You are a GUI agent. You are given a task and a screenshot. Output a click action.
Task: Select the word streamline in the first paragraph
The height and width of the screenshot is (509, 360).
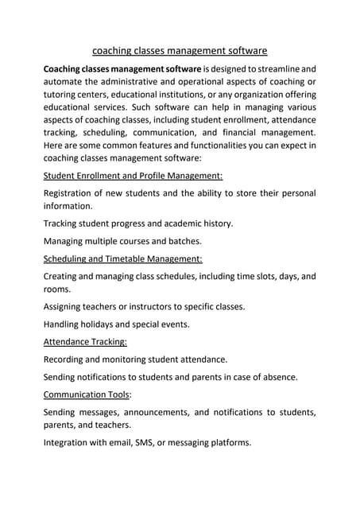[x=273, y=69]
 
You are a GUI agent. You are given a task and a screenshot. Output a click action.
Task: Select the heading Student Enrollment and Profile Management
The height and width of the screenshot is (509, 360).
[x=133, y=175]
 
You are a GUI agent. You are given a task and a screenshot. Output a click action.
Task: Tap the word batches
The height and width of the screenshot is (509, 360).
[x=181, y=241]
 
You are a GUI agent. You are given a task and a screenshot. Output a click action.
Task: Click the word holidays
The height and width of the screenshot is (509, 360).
[x=103, y=324]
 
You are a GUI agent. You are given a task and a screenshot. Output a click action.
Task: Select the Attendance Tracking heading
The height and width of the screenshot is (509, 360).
[x=85, y=342]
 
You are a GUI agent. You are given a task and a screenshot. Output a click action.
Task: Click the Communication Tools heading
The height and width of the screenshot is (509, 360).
[x=87, y=394]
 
